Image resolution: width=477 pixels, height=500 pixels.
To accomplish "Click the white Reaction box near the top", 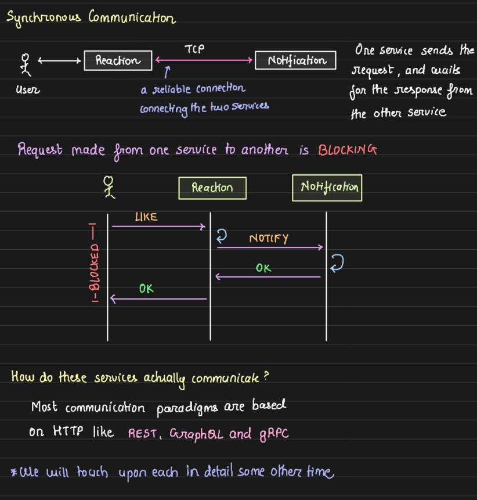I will pyautogui.click(x=118, y=60).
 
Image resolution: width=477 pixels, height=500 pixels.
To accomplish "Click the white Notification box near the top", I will pyautogui.click(x=297, y=60).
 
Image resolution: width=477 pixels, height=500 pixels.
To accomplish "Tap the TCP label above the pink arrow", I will pyautogui.click(x=194, y=50).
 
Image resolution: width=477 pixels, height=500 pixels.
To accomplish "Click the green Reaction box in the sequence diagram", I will pyautogui.click(x=212, y=188).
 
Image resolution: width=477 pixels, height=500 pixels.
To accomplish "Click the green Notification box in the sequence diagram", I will pyautogui.click(x=327, y=188).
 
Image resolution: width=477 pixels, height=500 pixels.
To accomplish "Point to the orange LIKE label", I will pyautogui.click(x=146, y=217).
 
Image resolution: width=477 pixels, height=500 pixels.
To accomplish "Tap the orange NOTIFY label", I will pyautogui.click(x=269, y=239).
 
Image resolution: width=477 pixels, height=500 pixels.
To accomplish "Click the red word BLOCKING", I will pyautogui.click(x=348, y=150).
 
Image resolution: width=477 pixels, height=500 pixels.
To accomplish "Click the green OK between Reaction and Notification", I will pyautogui.click(x=263, y=268).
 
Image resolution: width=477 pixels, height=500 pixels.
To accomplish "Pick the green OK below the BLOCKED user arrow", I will pyautogui.click(x=146, y=288).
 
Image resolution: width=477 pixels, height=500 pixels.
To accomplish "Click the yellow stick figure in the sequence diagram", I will pyautogui.click(x=109, y=188).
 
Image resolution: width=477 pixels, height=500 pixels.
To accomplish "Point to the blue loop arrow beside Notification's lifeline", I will pyautogui.click(x=336, y=263).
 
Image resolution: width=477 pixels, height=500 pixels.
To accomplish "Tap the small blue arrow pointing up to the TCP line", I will pyautogui.click(x=167, y=71).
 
